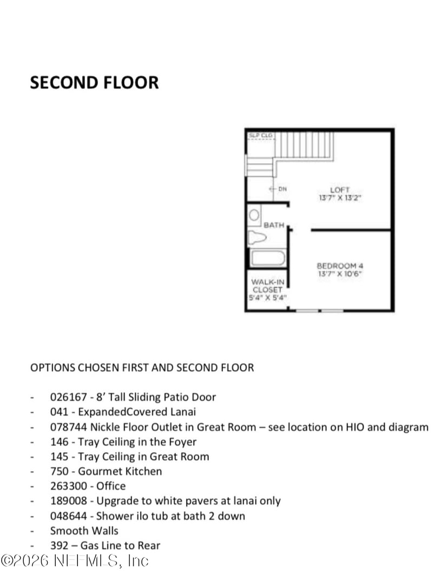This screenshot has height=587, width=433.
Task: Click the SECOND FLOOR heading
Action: pos(94,83)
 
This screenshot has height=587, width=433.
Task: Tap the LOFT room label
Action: pos(340,190)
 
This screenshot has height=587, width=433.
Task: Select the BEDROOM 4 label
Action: pos(340,266)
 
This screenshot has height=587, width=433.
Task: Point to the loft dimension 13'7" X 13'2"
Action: pos(340,198)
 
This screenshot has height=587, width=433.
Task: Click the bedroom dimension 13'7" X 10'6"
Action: pos(340,274)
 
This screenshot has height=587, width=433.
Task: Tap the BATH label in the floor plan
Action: pos(274,225)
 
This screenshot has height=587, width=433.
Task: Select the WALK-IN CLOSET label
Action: pos(267,286)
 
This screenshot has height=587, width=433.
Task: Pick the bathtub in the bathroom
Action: pos(268,258)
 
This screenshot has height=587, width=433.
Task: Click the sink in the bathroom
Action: pos(254,215)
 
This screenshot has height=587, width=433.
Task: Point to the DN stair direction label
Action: pos(282,189)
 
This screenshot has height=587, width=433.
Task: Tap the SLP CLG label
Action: pos(260,135)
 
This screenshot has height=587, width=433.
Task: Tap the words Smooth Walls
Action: pos(84,531)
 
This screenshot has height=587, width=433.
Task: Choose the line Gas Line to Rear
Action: pos(105,545)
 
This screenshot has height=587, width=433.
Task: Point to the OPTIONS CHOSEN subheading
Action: pos(142,367)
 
